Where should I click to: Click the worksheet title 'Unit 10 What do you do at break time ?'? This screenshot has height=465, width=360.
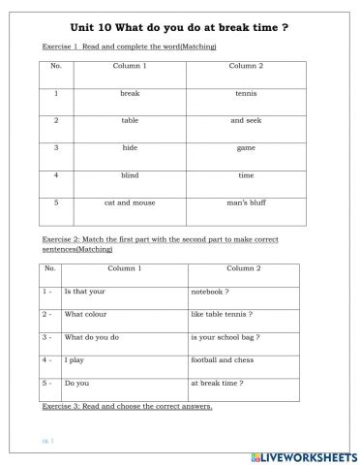click(180, 28)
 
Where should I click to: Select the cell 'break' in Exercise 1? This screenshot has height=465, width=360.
click(130, 94)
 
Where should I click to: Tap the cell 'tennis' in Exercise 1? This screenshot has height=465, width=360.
click(246, 94)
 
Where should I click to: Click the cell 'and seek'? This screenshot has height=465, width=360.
click(246, 121)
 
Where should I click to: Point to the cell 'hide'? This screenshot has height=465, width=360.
click(130, 148)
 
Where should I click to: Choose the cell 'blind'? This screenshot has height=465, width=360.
click(130, 175)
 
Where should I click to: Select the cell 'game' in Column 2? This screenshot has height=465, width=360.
click(246, 148)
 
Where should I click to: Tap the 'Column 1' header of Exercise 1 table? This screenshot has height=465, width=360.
click(130, 66)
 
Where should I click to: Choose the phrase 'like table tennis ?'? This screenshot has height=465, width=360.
click(222, 314)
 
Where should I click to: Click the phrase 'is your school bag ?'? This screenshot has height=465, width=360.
click(225, 337)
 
